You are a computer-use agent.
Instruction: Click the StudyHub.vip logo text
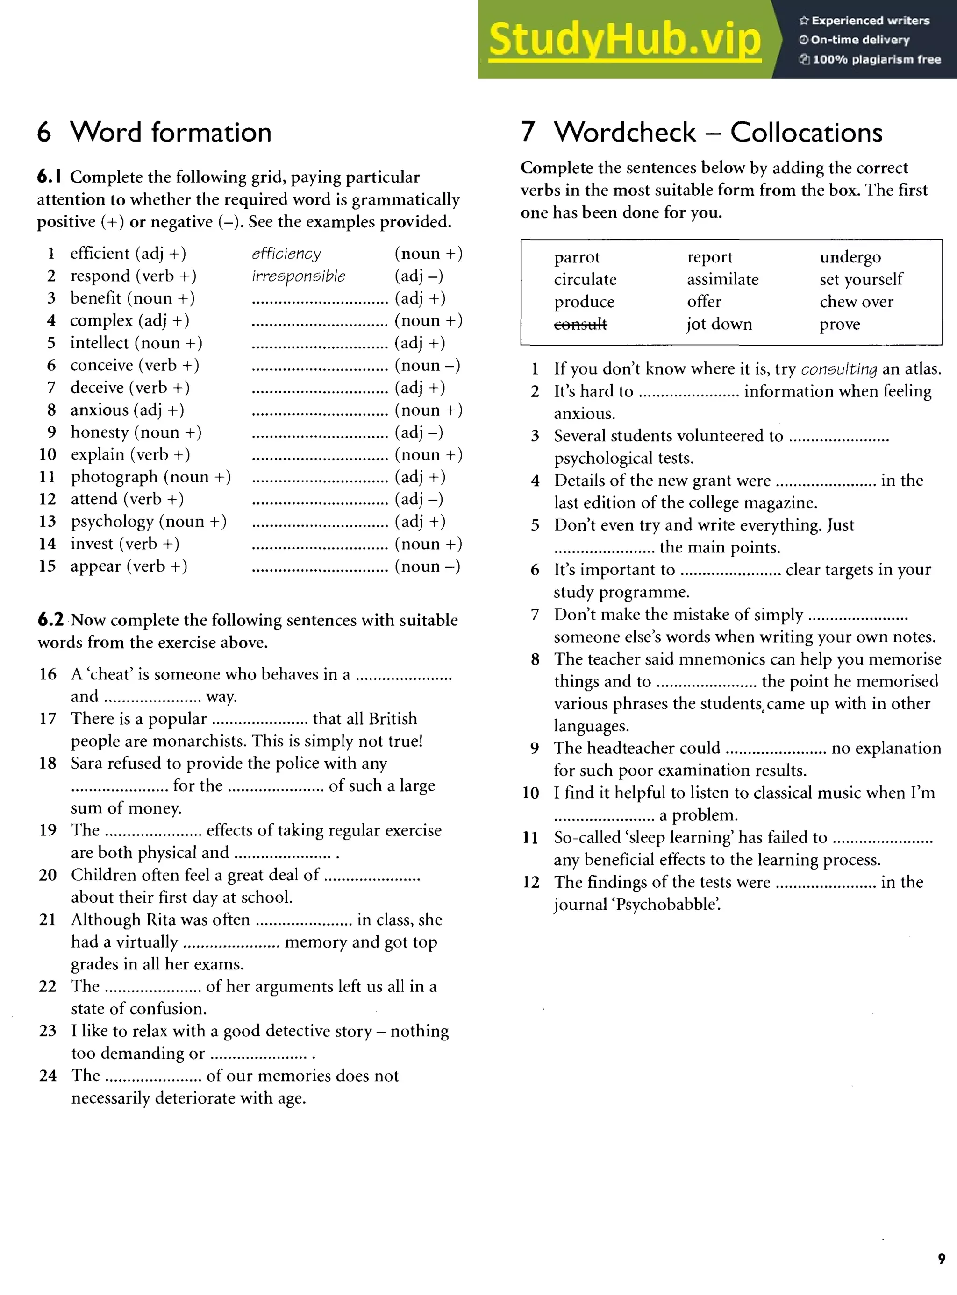624,39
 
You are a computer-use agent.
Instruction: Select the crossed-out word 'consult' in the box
580,324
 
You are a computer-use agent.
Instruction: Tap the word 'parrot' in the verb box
577,257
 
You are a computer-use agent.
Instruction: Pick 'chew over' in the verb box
856,302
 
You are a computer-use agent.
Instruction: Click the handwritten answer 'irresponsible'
298,276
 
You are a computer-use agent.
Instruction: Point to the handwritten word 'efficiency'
286,254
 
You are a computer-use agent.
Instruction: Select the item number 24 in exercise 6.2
48,1076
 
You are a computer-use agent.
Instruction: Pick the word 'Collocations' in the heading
806,133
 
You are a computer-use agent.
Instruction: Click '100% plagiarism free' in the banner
876,59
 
